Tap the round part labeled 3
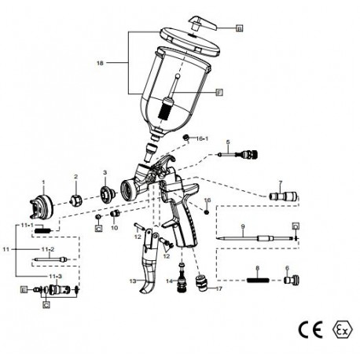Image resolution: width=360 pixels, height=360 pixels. (x=105, y=193)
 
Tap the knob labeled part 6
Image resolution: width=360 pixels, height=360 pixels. (x=289, y=279)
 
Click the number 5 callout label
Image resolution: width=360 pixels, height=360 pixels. (x=226, y=142)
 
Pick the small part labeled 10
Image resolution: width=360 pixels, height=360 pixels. (x=114, y=213)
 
